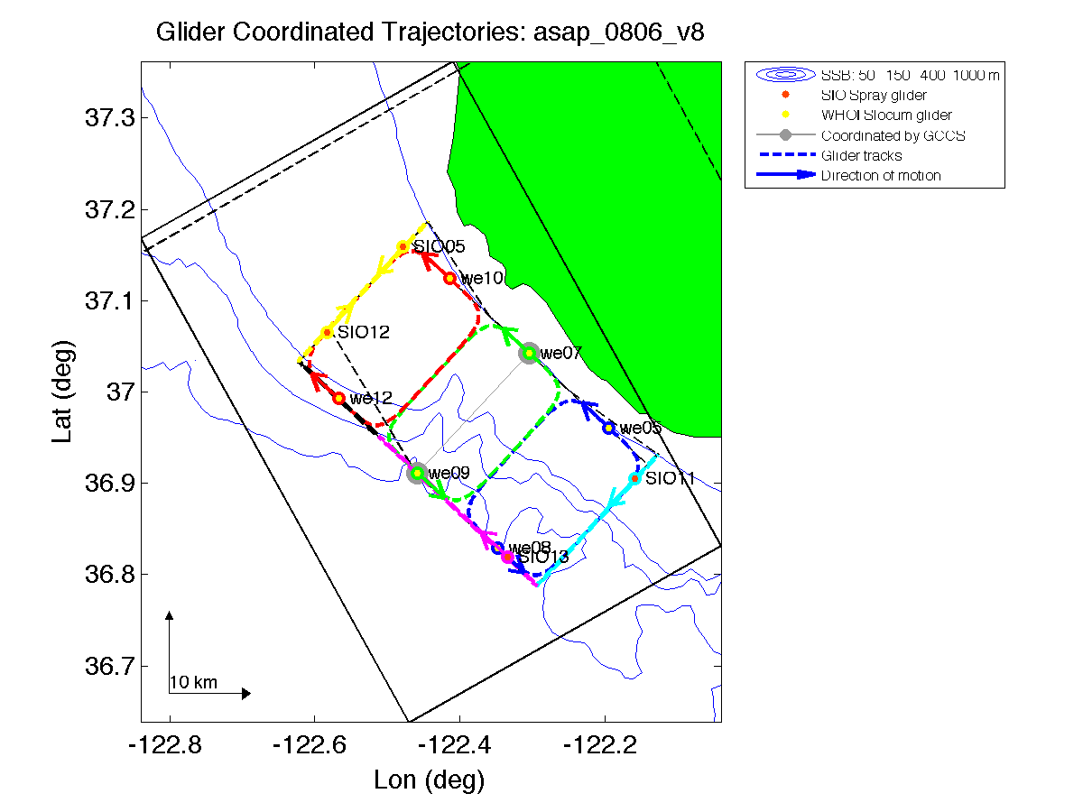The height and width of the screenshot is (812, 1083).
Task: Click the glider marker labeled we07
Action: click(529, 353)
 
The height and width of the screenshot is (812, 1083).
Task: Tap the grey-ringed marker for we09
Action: click(417, 473)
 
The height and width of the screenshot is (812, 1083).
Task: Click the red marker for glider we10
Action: click(449, 278)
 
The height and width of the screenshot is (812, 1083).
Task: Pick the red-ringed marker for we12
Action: click(339, 398)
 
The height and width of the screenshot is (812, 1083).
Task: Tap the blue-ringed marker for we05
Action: click(609, 428)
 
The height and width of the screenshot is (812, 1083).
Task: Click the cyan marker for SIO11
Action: click(635, 478)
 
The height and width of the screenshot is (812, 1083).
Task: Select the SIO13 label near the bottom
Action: click(543, 558)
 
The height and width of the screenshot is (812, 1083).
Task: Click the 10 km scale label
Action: click(193, 682)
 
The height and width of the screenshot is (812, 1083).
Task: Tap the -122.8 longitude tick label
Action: click(169, 745)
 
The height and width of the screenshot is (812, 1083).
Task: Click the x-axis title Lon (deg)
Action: click(430, 779)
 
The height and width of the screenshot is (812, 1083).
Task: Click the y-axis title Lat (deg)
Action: click(61, 392)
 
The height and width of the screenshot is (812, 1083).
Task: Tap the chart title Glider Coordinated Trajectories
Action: click(430, 32)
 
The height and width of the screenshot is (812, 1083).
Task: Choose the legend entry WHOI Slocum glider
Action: click(886, 115)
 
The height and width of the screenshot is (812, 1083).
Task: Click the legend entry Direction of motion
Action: click(881, 175)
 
